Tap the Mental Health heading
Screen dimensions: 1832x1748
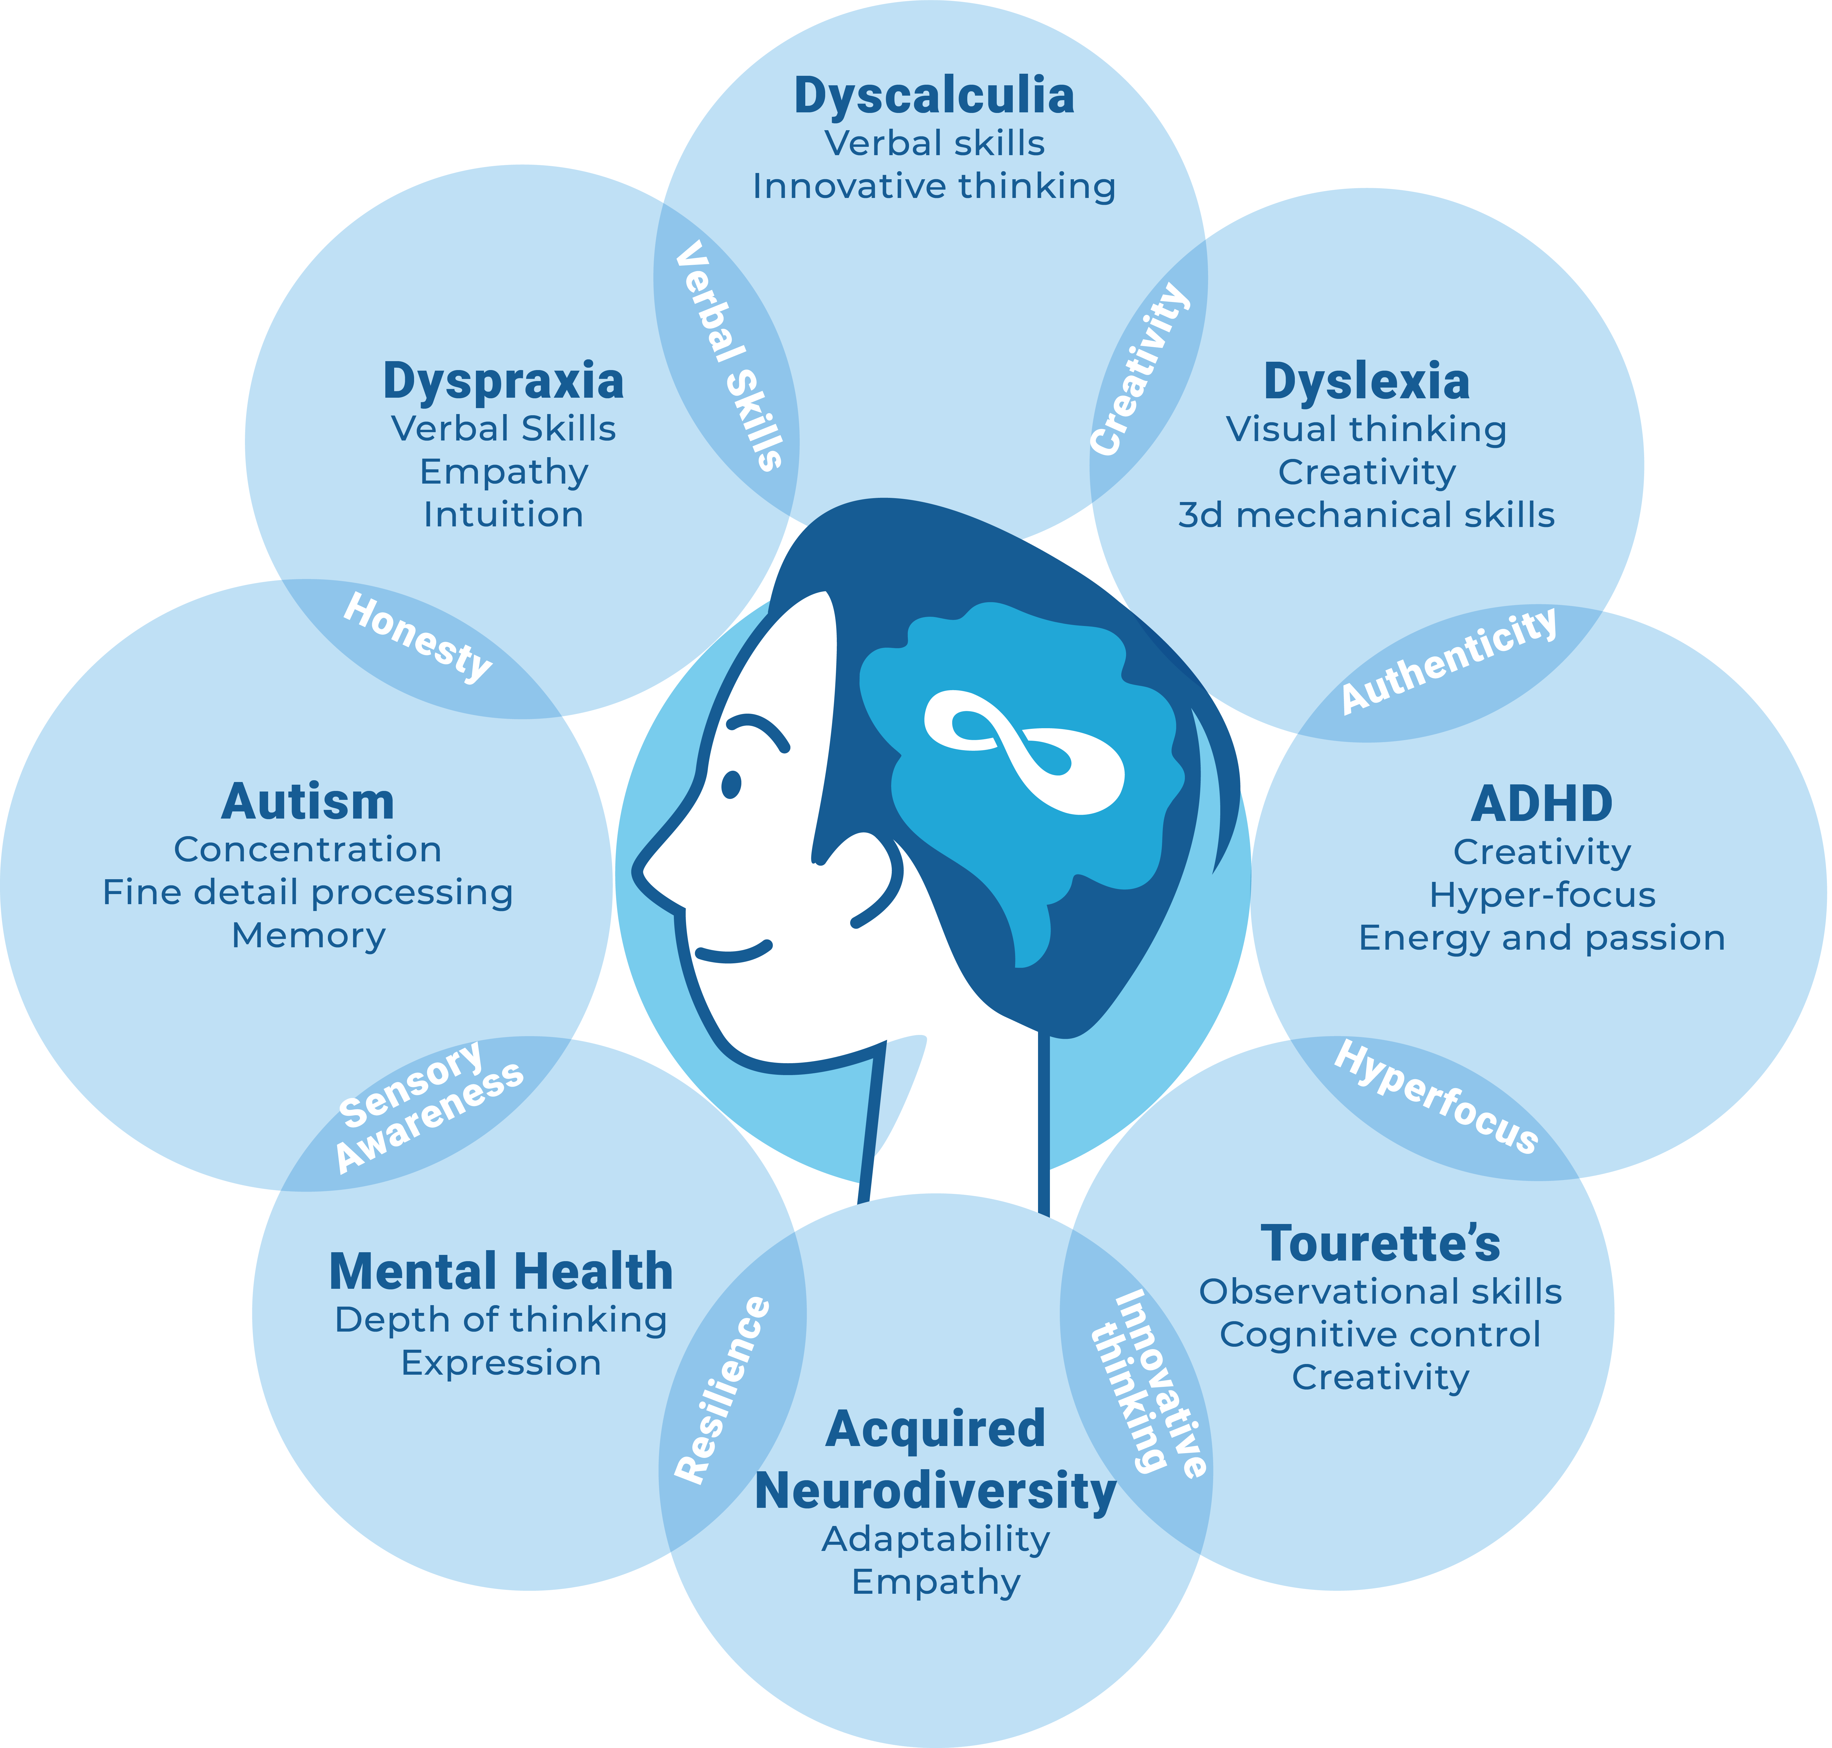[x=501, y=1272]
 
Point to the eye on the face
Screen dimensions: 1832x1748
[x=732, y=785]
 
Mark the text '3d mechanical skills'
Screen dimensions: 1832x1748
[x=1366, y=515]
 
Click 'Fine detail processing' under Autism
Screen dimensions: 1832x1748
[x=307, y=893]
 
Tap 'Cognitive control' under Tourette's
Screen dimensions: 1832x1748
[x=1380, y=1334]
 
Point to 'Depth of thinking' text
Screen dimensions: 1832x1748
[x=501, y=1320]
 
